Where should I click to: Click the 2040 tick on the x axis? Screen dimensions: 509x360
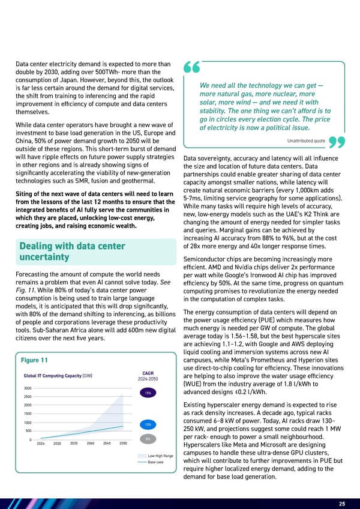[90, 444]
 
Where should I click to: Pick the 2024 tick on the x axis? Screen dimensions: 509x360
[41, 444]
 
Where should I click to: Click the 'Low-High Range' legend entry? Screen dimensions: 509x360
[161, 456]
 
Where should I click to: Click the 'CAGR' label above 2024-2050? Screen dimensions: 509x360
[148, 372]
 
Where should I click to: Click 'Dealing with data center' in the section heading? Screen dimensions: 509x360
[72, 246]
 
